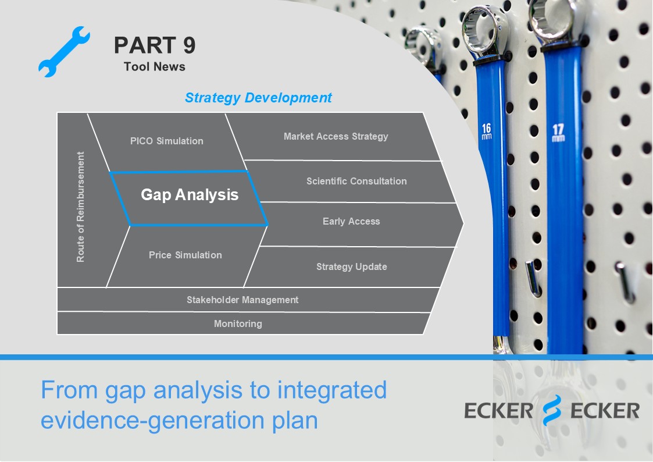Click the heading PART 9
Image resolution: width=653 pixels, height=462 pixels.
(x=155, y=45)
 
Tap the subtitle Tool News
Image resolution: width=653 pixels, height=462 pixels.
(x=155, y=66)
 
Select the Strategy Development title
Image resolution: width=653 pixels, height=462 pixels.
(x=258, y=98)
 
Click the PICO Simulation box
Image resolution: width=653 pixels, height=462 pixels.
(x=167, y=141)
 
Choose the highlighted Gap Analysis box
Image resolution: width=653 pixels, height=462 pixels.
(x=190, y=194)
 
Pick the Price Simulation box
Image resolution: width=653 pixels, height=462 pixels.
(x=185, y=255)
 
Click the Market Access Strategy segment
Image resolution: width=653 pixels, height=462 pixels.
(x=336, y=136)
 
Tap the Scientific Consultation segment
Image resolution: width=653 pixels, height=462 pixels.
(x=356, y=181)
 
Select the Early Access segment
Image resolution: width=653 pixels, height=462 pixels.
(x=351, y=221)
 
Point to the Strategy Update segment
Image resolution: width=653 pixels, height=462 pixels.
(x=351, y=266)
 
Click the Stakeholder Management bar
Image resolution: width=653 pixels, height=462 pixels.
(x=242, y=300)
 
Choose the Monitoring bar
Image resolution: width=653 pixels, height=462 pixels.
(x=238, y=324)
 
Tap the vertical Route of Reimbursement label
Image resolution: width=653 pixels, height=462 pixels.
(x=81, y=207)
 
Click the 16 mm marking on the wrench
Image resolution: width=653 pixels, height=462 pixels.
(x=487, y=132)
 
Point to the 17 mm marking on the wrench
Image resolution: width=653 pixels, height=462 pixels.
(x=558, y=132)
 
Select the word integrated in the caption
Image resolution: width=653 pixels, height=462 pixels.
(x=332, y=390)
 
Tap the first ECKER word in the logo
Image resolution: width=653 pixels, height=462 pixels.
(x=499, y=411)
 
